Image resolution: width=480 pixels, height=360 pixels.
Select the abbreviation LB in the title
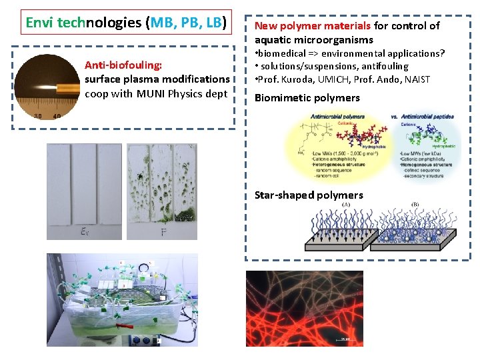[x=213, y=23]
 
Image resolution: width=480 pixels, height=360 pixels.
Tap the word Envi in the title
[x=40, y=23]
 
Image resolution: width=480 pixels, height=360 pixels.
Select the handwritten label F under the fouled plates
[x=164, y=232]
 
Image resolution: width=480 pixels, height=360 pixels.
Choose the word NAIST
[x=416, y=79]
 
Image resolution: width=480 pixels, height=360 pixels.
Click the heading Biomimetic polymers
[x=307, y=98]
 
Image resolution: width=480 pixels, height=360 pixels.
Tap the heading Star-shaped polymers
[x=309, y=195]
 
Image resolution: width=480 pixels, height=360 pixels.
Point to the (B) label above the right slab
[x=416, y=205]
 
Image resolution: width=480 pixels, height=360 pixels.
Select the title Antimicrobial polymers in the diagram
[x=337, y=117]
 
